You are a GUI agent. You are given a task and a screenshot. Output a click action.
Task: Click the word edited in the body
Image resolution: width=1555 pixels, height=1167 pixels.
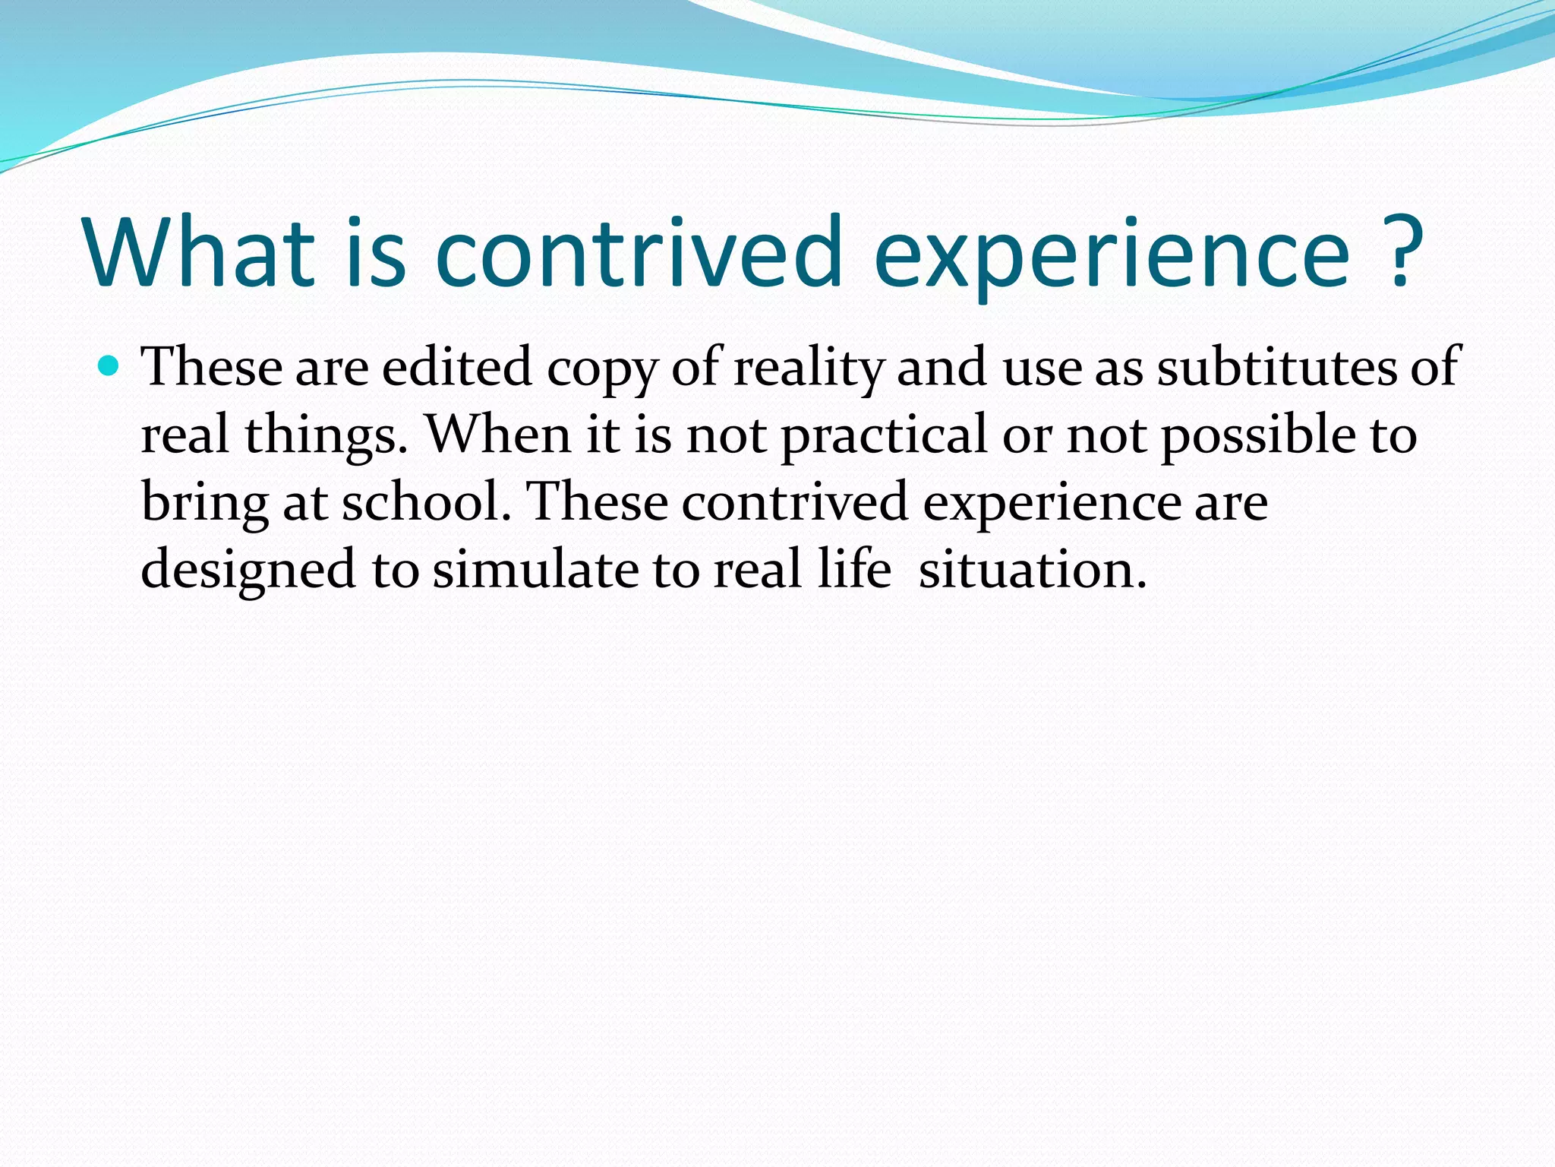click(x=456, y=368)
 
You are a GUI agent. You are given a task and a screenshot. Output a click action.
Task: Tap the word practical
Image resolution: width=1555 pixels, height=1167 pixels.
click(x=885, y=435)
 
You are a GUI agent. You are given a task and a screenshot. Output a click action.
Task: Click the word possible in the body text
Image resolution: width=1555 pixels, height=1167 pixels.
click(x=1258, y=435)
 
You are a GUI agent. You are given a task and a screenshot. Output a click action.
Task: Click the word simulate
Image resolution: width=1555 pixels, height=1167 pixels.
click(x=535, y=570)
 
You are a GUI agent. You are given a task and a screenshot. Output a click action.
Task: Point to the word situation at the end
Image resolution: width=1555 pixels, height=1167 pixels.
click(x=1032, y=570)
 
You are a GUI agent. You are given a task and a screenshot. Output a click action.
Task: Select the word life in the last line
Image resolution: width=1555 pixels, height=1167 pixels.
click(x=853, y=570)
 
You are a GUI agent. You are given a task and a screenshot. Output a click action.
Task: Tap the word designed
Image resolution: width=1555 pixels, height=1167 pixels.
click(x=248, y=570)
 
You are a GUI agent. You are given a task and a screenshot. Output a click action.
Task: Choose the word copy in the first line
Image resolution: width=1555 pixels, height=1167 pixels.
click(x=602, y=368)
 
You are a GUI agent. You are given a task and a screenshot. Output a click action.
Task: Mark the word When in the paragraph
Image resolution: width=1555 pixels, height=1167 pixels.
click(x=497, y=435)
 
